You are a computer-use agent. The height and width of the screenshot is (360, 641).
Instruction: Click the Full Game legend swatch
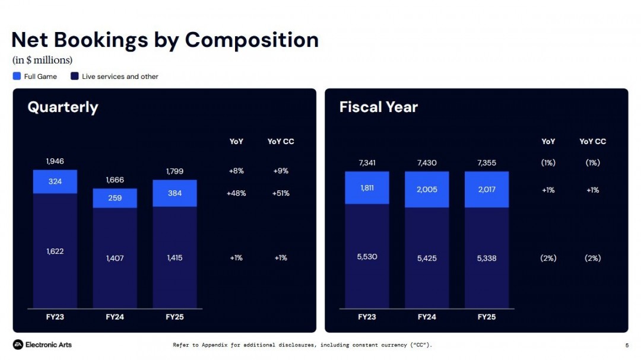(17, 76)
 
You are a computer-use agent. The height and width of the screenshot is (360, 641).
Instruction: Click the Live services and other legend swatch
(75, 76)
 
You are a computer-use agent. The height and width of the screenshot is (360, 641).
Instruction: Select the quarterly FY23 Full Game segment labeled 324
(55, 181)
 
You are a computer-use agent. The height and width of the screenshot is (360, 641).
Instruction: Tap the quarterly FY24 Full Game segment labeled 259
(115, 198)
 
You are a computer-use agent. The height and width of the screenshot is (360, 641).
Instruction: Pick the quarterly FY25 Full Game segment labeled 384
(174, 193)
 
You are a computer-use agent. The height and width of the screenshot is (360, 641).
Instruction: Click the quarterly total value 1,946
(55, 161)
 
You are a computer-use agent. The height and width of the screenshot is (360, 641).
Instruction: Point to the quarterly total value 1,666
(115, 180)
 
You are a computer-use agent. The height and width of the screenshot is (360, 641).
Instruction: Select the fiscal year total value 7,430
(427, 163)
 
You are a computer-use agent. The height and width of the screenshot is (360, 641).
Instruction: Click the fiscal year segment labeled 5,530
(367, 256)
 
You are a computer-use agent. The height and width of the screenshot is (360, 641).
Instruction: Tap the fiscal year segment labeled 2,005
(427, 190)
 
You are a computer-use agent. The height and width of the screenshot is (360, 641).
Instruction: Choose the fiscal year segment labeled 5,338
(487, 258)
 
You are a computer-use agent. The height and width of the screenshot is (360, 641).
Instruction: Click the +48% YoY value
(236, 193)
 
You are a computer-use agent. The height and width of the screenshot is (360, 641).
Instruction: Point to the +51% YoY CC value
(280, 193)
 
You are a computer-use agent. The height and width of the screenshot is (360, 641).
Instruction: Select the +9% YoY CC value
(280, 171)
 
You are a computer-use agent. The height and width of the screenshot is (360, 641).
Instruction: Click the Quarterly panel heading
(63, 107)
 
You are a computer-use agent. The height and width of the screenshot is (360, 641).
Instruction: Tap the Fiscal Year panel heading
(379, 107)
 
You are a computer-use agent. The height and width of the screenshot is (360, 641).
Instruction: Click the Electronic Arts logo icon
(18, 345)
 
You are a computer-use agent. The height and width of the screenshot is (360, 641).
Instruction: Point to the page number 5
(627, 345)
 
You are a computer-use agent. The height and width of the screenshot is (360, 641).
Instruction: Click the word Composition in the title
(252, 40)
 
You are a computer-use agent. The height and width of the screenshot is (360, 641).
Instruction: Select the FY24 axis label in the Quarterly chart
(115, 317)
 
